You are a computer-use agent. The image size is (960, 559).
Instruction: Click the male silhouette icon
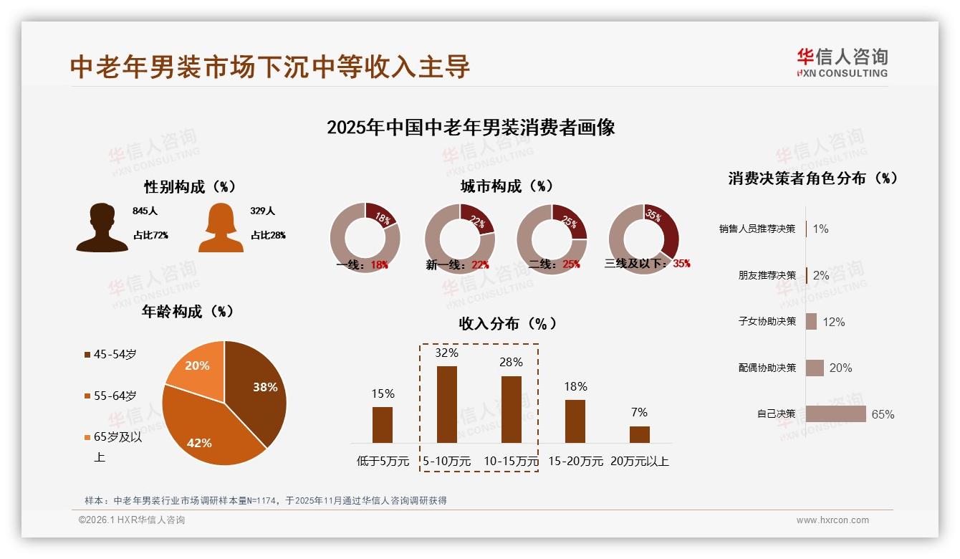tap(102, 228)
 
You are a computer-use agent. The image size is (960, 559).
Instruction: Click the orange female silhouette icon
tap(221, 228)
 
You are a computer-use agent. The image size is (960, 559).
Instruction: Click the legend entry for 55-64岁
tap(115, 396)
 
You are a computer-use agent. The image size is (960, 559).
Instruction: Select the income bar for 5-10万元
tap(447, 404)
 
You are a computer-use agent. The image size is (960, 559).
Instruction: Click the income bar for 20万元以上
tap(640, 434)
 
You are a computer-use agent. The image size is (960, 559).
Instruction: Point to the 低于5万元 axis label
tap(383, 462)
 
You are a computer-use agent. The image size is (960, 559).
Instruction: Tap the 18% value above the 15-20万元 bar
tap(575, 387)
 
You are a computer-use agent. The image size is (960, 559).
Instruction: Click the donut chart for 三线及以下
tap(643, 239)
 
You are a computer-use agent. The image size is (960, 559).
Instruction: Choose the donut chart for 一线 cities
tap(365, 239)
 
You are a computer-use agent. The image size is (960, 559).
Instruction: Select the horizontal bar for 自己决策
tap(835, 414)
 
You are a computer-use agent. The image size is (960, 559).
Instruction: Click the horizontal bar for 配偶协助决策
tap(815, 368)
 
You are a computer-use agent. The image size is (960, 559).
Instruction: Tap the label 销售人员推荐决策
tap(757, 229)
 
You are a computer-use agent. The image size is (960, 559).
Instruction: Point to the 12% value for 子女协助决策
tap(833, 322)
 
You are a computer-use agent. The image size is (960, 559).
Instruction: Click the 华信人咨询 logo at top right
tap(842, 62)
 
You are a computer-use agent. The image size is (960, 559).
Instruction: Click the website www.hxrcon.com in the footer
tap(832, 520)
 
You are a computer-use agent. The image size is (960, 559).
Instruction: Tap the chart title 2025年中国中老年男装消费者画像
tap(471, 128)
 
